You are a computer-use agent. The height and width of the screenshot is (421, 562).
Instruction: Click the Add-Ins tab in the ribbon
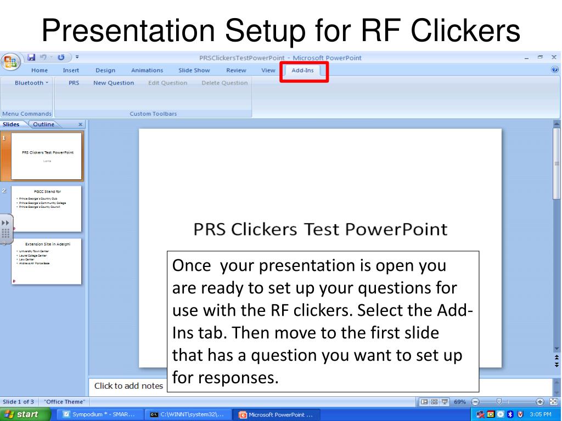pos(303,70)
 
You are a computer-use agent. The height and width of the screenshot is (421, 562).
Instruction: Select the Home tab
pos(39,70)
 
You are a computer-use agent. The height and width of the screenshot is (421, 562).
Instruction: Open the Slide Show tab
pos(194,70)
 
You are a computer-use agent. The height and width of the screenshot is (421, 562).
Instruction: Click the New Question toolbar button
pos(114,83)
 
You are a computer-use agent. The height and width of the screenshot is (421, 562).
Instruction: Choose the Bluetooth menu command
pos(31,83)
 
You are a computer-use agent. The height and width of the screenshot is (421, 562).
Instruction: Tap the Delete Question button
pos(224,83)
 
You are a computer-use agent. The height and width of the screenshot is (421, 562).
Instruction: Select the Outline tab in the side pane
pos(43,124)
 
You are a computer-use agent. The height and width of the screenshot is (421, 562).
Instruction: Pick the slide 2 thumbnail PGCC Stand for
pos(47,208)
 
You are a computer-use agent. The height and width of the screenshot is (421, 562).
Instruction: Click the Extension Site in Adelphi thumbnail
pos(47,261)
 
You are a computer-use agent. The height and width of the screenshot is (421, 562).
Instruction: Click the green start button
pos(25,414)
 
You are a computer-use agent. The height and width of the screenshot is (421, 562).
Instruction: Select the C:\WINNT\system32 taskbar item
pos(187,414)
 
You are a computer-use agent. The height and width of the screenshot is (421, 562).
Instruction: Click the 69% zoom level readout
pos(459,402)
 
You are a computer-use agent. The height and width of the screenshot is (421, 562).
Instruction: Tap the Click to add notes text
pos(128,386)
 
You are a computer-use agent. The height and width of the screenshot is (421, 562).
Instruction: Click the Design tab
pos(105,70)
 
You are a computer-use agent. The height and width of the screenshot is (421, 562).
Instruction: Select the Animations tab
pos(147,70)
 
